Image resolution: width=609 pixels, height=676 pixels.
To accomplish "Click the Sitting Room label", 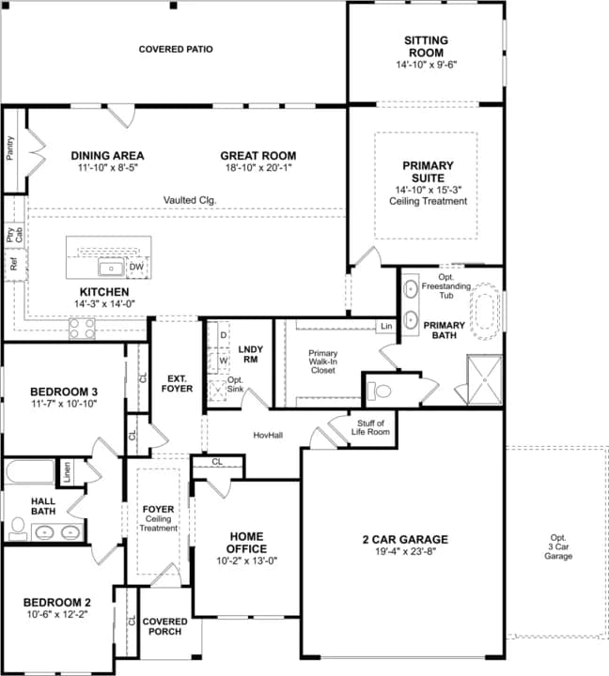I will (426, 46).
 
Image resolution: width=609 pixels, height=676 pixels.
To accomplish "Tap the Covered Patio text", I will (176, 49).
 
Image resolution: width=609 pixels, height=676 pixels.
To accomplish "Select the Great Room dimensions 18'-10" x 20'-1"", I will (258, 169).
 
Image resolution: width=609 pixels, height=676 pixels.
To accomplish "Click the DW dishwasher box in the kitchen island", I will (136, 268).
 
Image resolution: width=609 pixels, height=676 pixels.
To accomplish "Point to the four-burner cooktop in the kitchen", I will (82, 329).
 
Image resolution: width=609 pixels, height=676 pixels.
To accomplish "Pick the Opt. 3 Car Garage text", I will (558, 548).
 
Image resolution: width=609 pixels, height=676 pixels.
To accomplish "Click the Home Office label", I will (247, 542).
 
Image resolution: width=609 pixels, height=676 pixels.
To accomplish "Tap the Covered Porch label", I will (164, 626).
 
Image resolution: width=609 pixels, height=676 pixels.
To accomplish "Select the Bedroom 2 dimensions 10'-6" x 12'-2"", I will (57, 615).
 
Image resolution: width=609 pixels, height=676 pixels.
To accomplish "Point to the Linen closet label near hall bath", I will (67, 472).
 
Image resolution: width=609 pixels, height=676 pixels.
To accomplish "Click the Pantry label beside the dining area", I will (10, 148).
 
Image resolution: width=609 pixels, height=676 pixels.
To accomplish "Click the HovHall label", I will (269, 435).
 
